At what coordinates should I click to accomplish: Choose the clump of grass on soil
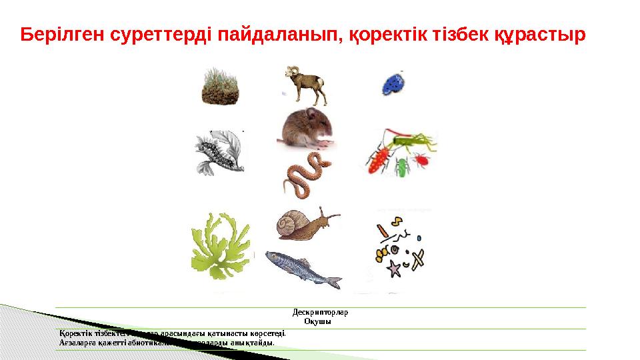221,87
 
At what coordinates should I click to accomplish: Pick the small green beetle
401,167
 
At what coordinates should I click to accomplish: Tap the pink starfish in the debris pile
394,269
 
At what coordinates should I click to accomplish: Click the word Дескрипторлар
321,311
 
